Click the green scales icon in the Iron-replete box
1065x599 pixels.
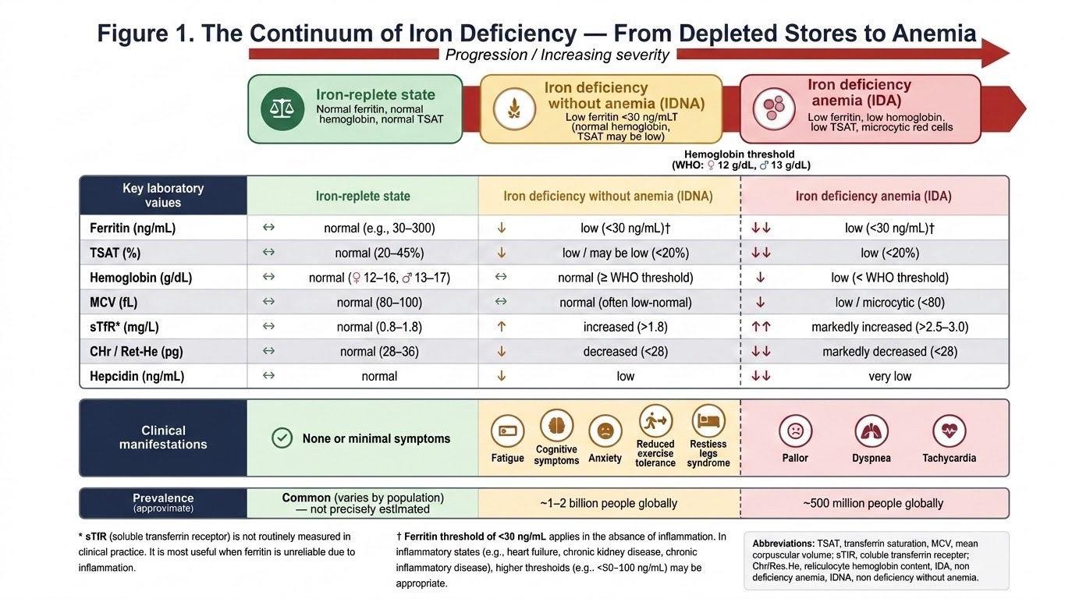282,109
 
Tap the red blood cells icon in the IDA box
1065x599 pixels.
773,109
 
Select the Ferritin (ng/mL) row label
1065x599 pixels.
133,229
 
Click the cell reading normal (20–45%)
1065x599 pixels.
379,253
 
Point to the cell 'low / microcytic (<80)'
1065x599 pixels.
889,303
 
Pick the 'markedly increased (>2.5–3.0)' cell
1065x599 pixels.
889,327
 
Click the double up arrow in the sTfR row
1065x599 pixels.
761,327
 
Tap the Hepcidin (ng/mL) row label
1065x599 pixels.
137,377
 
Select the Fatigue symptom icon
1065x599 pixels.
507,431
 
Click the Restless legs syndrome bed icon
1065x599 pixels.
708,420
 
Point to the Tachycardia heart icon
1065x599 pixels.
949,431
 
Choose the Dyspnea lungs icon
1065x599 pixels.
871,431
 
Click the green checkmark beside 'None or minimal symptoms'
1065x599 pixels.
282,438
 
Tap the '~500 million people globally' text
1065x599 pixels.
873,503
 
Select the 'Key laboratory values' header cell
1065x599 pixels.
163,196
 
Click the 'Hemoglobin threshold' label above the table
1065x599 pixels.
740,154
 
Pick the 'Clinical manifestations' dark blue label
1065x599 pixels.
163,438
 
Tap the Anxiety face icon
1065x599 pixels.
605,431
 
